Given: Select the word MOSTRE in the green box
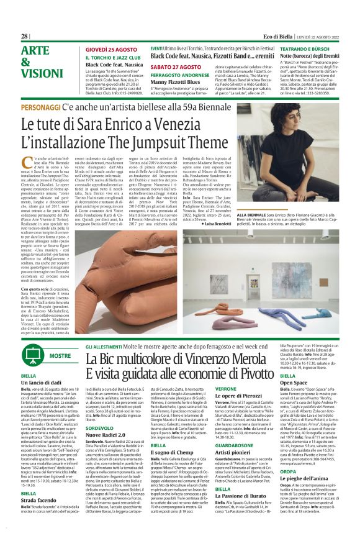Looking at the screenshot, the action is tap(60, 356).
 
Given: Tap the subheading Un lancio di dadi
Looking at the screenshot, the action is tap(42, 383).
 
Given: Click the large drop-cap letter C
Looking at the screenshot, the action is tap(24, 145).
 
